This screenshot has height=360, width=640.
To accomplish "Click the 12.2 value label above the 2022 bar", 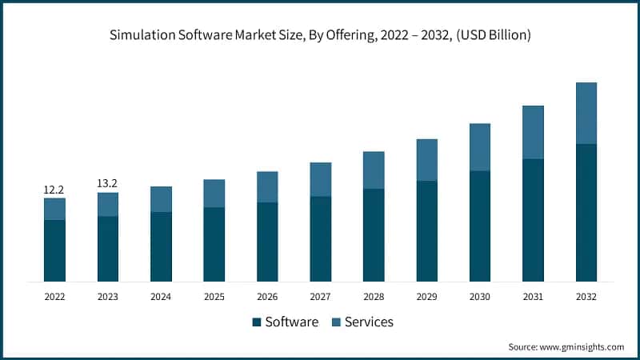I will (54, 190).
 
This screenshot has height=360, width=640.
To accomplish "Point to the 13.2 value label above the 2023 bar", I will (107, 183).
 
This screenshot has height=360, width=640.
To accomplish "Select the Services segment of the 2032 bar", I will (586, 113).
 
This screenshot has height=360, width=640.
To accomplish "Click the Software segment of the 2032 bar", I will (586, 212).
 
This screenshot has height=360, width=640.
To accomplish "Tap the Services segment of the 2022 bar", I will (54, 209).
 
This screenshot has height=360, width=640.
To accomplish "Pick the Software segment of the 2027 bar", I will (320, 238).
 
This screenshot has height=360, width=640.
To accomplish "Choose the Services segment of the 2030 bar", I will (480, 147).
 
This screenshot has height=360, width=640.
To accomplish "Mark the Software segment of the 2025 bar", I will (214, 244).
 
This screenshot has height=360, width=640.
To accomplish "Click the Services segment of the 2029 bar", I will (426, 160).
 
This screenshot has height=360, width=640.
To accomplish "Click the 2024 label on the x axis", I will (161, 296).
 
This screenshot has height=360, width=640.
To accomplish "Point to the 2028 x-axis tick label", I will (374, 296).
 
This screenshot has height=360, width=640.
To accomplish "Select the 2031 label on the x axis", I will (533, 296).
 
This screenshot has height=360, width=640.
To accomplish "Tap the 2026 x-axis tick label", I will (267, 296).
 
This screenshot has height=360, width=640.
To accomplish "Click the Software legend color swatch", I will (256, 322).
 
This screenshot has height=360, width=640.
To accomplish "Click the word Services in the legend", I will (369, 322).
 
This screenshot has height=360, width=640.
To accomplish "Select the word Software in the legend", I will (292, 322).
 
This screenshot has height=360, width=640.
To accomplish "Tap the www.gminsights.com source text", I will (583, 346).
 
